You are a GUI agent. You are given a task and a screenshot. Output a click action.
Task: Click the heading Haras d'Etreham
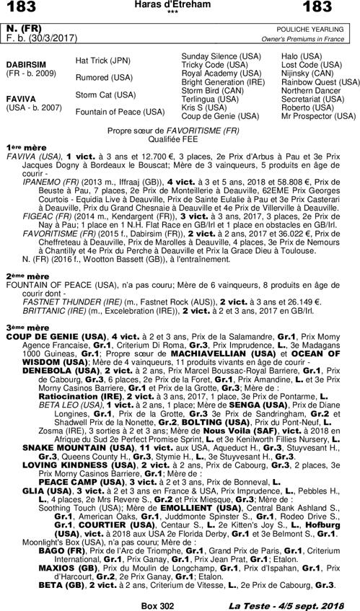click(179, 5)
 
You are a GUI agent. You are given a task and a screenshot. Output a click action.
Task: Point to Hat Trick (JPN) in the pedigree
click(104, 61)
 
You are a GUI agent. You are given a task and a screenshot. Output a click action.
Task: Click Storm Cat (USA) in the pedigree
click(105, 94)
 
